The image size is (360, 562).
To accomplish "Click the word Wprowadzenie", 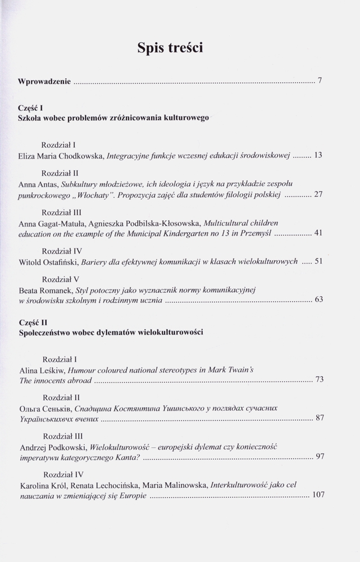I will tap(44, 81).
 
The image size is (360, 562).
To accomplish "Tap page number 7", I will tap(320, 81).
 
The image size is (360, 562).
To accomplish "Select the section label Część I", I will tap(31, 108).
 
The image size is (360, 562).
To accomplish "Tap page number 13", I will tap(317, 155).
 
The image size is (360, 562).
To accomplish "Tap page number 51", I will tap(318, 262).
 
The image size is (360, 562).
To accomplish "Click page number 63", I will tap(318, 300).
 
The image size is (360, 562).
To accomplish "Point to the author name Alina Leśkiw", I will tap(42, 370).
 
